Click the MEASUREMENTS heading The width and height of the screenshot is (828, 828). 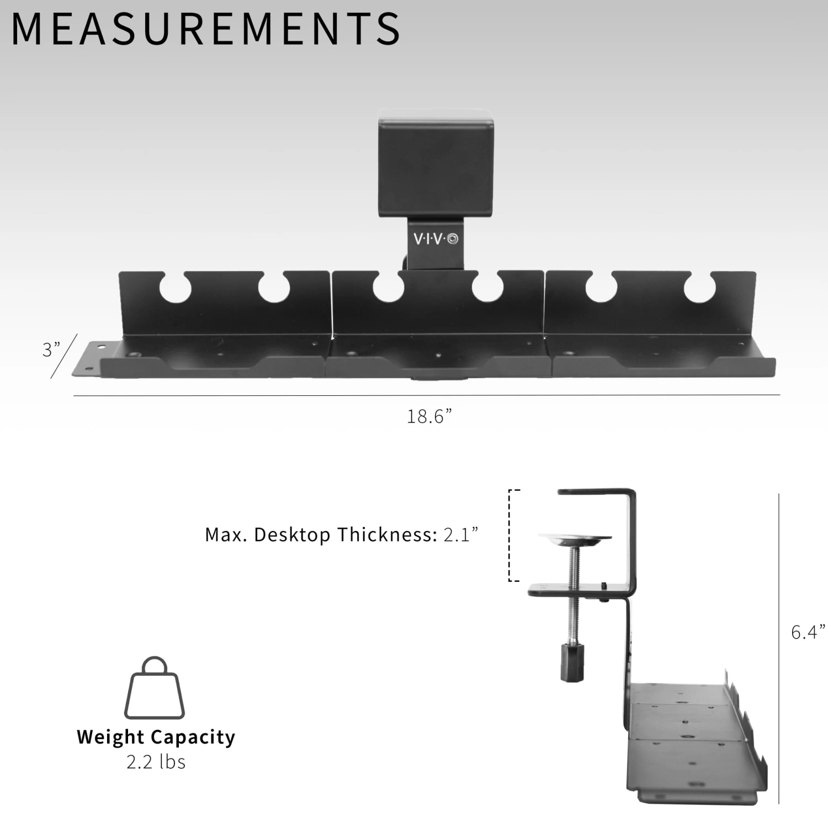[205, 29]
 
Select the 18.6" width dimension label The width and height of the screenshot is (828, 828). [429, 416]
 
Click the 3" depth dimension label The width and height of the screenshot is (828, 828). [51, 349]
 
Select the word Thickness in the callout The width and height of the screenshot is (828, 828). [385, 534]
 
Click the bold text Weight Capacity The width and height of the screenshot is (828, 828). [156, 737]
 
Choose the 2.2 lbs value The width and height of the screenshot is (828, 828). [156, 762]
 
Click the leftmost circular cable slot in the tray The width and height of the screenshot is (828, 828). [175, 287]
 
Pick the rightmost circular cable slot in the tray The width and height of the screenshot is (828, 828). [700, 288]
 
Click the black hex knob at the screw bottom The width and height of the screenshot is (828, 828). [571, 662]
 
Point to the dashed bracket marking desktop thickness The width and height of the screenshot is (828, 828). [510, 534]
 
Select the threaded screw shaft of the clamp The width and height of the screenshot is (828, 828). [575, 591]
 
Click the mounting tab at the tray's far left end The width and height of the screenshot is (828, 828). [88, 359]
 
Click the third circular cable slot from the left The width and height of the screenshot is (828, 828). [388, 287]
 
